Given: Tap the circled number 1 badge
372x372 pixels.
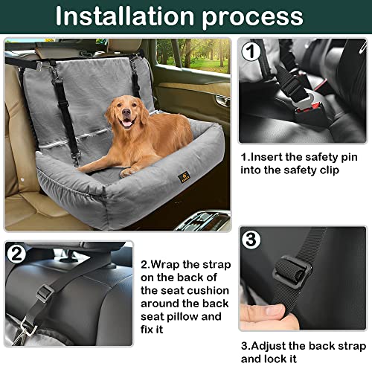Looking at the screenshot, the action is coord(251,52).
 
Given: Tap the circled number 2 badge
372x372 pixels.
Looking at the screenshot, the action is coord(16,254).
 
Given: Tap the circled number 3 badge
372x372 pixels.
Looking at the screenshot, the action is coord(251,240).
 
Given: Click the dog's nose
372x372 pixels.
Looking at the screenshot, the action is coord(126,112).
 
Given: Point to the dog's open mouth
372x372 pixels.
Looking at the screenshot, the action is coord(127,123).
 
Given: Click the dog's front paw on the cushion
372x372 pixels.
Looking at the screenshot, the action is coord(127,172).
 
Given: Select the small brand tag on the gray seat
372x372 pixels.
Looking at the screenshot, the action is coord(184,176).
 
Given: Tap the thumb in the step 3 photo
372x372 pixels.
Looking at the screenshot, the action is coord(263,315).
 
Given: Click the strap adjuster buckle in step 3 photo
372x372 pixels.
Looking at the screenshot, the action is coord(292,272).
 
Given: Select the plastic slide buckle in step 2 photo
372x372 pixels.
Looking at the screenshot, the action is coord(45,293).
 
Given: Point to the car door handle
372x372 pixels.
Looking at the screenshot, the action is coord(222,100).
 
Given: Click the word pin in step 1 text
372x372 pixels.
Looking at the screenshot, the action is coord(347,158).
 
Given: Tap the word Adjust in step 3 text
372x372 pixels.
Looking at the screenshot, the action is coord(268,347).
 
